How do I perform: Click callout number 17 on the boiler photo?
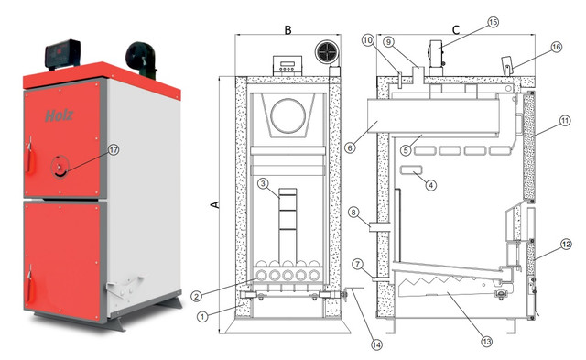(x=114, y=150)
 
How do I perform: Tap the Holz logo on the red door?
(x=59, y=115)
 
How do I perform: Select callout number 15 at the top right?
(x=494, y=22)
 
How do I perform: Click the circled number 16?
(x=557, y=47)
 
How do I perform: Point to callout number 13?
(x=486, y=341)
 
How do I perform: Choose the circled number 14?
(x=376, y=344)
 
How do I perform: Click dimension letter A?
(x=215, y=204)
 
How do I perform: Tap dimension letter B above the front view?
(x=288, y=29)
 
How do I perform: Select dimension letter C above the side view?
(x=456, y=29)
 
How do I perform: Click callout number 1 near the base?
(x=202, y=317)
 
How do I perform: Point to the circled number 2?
(x=196, y=297)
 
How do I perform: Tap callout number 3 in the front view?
(x=264, y=183)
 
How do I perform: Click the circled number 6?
(x=350, y=148)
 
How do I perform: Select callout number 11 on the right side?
(x=565, y=121)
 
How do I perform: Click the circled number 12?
(x=566, y=245)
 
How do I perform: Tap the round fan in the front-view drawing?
(x=328, y=52)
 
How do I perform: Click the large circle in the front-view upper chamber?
(x=288, y=116)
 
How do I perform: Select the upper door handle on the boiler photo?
(x=30, y=158)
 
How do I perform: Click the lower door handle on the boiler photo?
(x=30, y=285)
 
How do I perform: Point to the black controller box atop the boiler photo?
(x=62, y=54)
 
